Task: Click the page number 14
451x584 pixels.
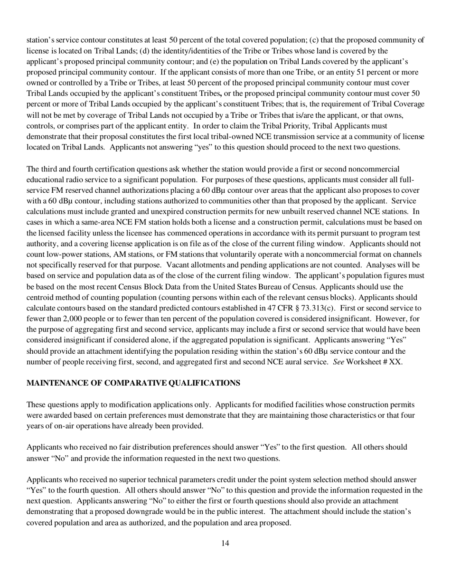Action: click(225, 543)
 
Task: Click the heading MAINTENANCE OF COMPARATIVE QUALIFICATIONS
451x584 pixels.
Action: click(133, 383)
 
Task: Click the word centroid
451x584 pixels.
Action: click(41, 297)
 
